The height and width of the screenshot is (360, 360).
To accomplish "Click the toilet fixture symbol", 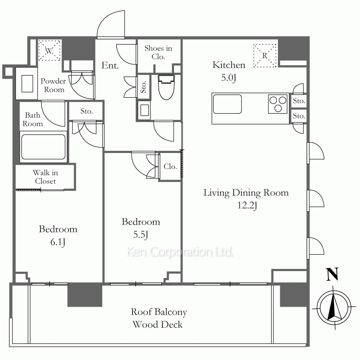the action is [x=166, y=87].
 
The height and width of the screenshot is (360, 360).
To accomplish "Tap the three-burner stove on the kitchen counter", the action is [x=278, y=104].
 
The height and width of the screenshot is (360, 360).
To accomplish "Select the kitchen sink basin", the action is [x=227, y=104].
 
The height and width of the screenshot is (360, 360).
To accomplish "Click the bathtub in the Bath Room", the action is [x=43, y=147].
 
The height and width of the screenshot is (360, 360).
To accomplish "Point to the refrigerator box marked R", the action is [x=265, y=55].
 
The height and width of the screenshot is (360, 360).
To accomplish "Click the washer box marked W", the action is [x=49, y=50].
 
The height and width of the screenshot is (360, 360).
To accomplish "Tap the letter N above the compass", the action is [x=332, y=274].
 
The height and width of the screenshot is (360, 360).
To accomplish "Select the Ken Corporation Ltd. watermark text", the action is [x=180, y=252].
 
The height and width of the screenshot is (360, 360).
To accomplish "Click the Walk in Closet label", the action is [x=45, y=177].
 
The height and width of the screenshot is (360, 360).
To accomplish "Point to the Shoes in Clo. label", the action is [x=158, y=52].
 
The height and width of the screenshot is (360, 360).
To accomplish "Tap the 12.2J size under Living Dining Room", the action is [x=247, y=206].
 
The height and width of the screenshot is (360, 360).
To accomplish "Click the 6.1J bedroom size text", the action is [x=58, y=242].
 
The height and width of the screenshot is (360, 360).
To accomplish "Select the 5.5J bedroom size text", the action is [x=140, y=235].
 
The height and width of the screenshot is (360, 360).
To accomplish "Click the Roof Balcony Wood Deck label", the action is [x=158, y=318].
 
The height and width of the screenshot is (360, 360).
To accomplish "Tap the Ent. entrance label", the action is [x=110, y=66].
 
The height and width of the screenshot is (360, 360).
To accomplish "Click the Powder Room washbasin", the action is [x=27, y=84].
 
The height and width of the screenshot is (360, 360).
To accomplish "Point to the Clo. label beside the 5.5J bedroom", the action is [x=170, y=166].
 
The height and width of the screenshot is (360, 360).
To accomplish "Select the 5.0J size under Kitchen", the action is [x=229, y=78].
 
